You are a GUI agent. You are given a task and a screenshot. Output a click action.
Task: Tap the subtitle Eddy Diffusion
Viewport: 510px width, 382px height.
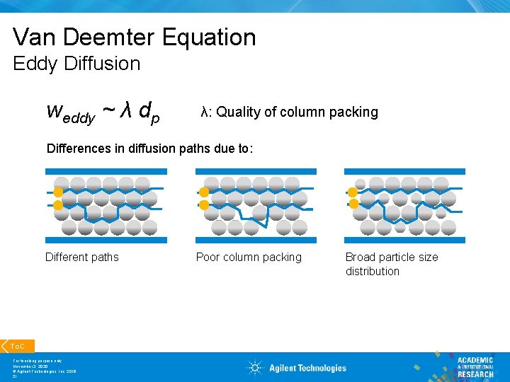(76, 64)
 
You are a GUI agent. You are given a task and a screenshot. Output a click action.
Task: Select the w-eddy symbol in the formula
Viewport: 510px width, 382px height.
(70, 113)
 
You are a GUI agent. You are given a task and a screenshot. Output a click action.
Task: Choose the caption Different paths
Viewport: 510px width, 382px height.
(82, 257)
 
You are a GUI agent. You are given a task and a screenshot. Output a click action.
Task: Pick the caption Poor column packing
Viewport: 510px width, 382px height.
(249, 257)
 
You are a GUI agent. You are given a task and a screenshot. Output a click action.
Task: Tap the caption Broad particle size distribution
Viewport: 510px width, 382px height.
(392, 264)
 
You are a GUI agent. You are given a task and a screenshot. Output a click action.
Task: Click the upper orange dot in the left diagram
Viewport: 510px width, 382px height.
(58, 192)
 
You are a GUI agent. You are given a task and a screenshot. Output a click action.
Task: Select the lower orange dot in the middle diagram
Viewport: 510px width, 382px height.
(204, 205)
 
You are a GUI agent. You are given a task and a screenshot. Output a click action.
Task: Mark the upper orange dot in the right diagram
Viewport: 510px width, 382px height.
(353, 192)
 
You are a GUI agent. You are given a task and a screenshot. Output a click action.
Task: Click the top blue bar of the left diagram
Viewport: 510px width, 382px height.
(106, 171)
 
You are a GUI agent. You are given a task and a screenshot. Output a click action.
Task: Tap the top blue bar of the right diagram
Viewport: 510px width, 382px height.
(404, 171)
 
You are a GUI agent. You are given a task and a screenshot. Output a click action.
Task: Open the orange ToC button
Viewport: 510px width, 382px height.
(17, 346)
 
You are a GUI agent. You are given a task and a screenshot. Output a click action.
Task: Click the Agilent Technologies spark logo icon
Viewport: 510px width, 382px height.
(255, 367)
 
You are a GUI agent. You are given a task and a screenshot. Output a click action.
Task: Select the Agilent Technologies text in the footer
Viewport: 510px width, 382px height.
(307, 368)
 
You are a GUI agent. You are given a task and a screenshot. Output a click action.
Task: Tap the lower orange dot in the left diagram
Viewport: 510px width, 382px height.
(58, 205)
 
